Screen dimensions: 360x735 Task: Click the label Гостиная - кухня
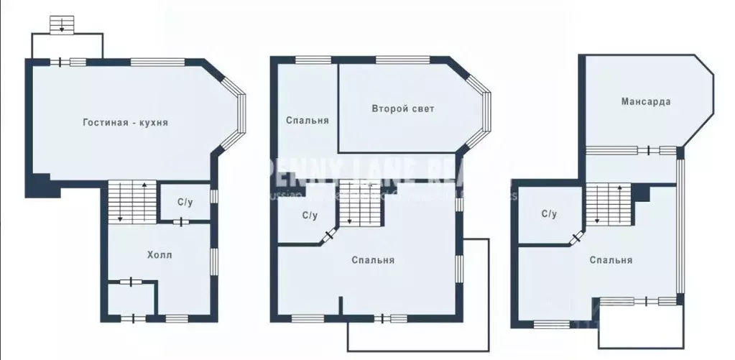[x=125, y=123]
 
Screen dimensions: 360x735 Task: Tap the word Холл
[x=160, y=254]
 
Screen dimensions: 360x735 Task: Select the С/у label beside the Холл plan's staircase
[x=185, y=203]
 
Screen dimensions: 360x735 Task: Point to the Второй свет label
[x=403, y=109]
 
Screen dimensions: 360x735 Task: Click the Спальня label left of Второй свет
[x=307, y=120]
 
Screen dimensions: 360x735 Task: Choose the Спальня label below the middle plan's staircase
[x=373, y=260]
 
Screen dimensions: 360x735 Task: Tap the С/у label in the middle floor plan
[x=310, y=215]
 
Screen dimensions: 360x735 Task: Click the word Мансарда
[x=646, y=101]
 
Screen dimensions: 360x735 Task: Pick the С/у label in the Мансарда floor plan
[x=549, y=213]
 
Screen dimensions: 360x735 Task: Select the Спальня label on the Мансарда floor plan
[x=611, y=260]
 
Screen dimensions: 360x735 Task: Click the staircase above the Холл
[x=132, y=202]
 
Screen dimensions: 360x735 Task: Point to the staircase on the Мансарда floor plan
[x=607, y=203]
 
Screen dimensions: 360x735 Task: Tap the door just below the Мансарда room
[x=649, y=150]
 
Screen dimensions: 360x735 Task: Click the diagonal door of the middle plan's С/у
[x=330, y=234]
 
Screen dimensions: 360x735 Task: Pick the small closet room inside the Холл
[x=130, y=298]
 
